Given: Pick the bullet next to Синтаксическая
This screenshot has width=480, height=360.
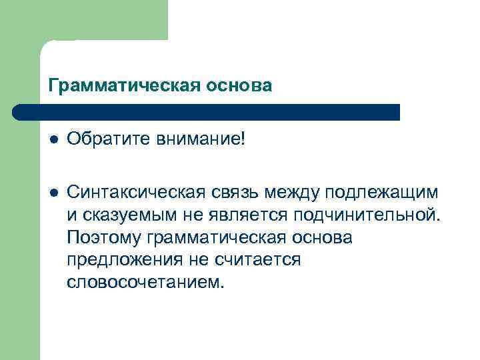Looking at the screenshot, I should [x=53, y=193].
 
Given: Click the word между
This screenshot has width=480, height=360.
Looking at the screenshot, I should [x=290, y=193].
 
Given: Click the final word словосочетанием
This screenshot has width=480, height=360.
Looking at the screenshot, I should [x=143, y=283].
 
